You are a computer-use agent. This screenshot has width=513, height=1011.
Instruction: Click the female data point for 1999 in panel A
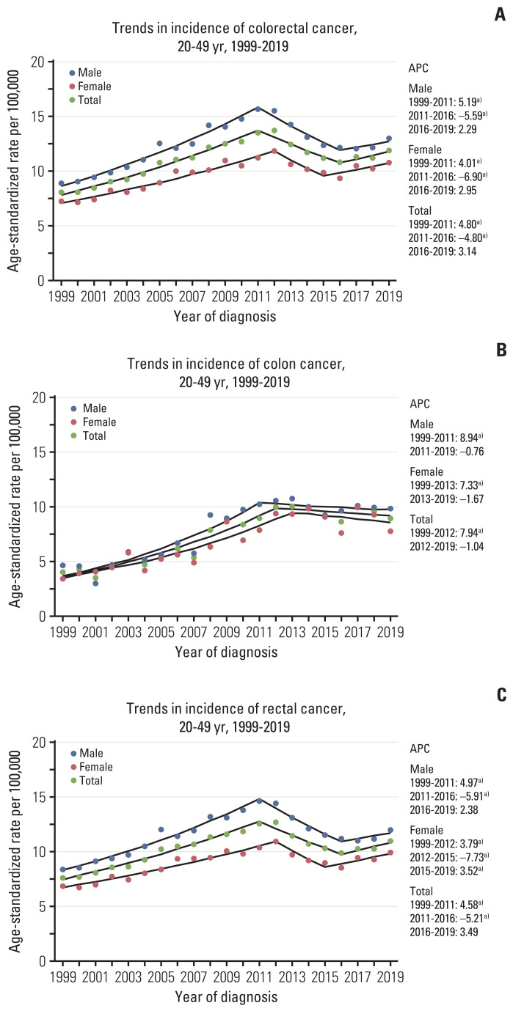tap(62, 201)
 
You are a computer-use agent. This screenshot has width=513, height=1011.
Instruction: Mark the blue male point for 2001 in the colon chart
tap(95, 562)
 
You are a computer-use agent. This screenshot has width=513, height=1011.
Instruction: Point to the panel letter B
tap(502, 350)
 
